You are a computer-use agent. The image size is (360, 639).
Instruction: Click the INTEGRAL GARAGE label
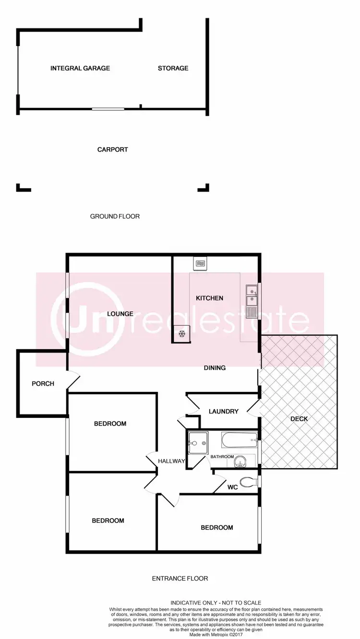80,68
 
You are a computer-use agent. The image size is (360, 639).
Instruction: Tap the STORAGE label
173,68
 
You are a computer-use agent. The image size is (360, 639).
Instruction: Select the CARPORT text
112,149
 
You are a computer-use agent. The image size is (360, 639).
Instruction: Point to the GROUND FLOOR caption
115,216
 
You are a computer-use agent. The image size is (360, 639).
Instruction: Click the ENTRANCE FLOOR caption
180,579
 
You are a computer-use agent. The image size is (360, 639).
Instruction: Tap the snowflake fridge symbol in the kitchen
182,334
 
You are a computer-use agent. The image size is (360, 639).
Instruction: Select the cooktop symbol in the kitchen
200,263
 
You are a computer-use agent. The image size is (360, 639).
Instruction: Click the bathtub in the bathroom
239,439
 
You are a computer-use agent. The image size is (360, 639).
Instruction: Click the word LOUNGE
120,314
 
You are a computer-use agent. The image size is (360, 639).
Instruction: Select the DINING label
214,368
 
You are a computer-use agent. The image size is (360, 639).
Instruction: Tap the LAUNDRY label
224,412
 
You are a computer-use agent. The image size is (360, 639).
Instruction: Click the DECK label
299,419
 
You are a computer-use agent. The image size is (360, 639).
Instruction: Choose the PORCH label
43,384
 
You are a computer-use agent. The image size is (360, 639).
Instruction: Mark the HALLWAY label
171,461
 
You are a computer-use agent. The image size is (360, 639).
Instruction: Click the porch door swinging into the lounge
73,380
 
